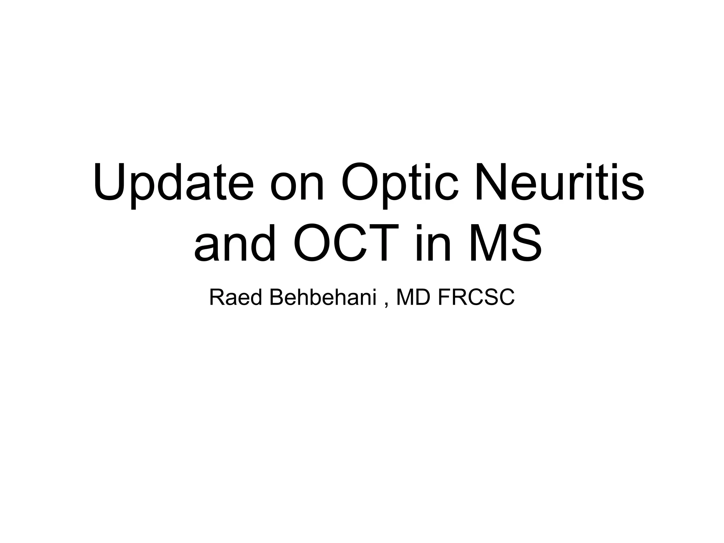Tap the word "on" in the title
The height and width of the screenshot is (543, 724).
297,187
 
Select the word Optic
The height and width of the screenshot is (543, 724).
399,184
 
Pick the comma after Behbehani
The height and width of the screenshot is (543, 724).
386,305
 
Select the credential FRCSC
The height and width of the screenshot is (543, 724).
476,298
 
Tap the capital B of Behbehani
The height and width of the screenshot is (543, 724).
276,298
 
